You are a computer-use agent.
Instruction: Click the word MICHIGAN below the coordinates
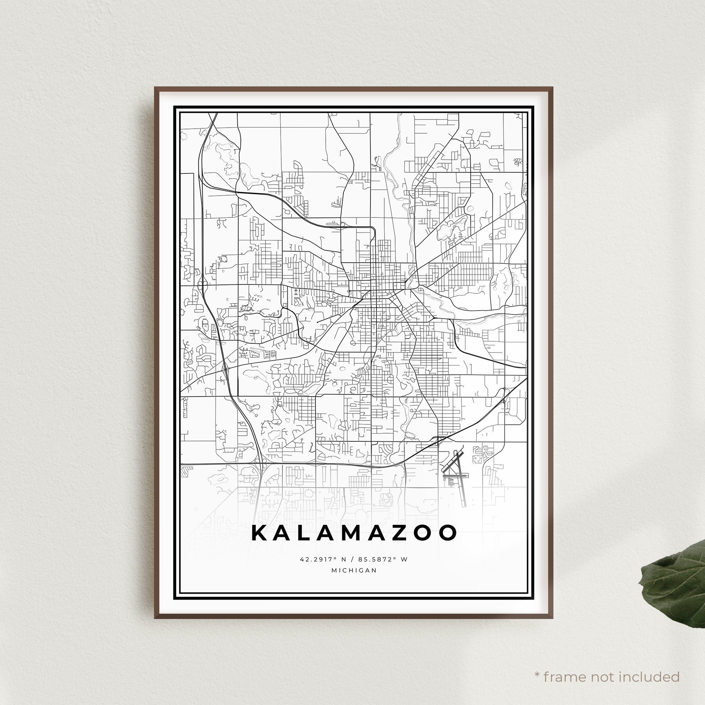pyautogui.click(x=354, y=570)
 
